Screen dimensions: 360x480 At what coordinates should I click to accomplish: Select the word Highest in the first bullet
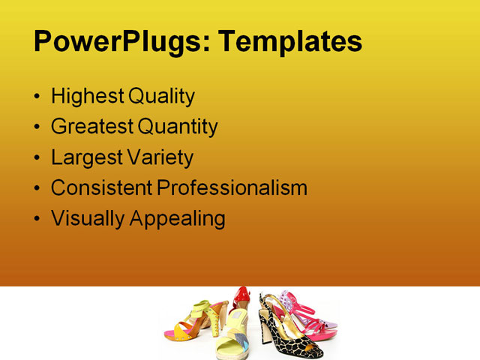pos(87,97)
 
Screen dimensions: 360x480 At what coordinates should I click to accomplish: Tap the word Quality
pos(161,97)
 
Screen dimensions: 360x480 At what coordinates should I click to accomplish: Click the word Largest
pos(85,158)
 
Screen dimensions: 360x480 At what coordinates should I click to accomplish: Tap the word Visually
pos(88,219)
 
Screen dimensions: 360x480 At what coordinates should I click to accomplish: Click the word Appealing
pos(178,219)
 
